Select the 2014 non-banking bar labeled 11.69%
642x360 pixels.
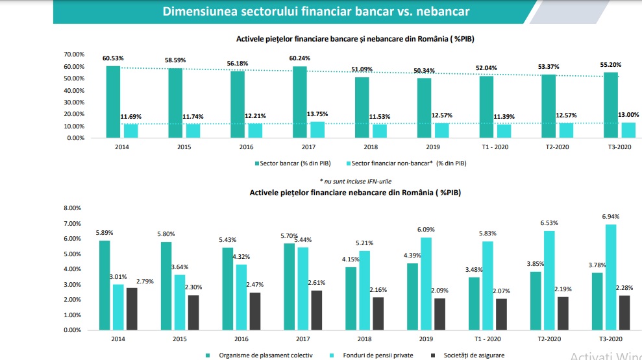[x=130, y=130]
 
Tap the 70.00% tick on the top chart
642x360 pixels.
[x=75, y=54]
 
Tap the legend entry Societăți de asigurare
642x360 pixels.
[x=467, y=355]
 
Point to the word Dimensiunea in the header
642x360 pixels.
[x=202, y=12]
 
